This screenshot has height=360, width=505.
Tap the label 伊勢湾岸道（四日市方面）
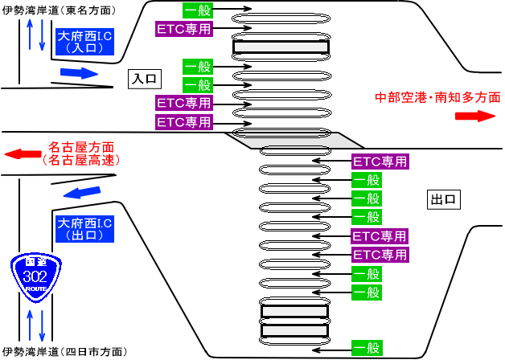[64, 352]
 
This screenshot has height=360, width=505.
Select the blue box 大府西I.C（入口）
[84, 42]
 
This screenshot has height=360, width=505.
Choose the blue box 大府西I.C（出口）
[84, 228]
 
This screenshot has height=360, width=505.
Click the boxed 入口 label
[145, 79]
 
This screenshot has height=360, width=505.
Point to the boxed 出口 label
[443, 198]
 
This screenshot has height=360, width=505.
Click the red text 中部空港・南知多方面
[437, 98]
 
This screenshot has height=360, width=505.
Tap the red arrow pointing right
[474, 116]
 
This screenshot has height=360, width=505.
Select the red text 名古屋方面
[81, 147]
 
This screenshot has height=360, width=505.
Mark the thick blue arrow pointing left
[83, 194]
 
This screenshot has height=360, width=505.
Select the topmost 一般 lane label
[197, 10]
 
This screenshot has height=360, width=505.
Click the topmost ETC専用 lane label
[183, 29]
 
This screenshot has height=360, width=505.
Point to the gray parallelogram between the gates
[286, 140]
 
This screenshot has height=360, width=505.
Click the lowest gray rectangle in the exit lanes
[294, 330]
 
